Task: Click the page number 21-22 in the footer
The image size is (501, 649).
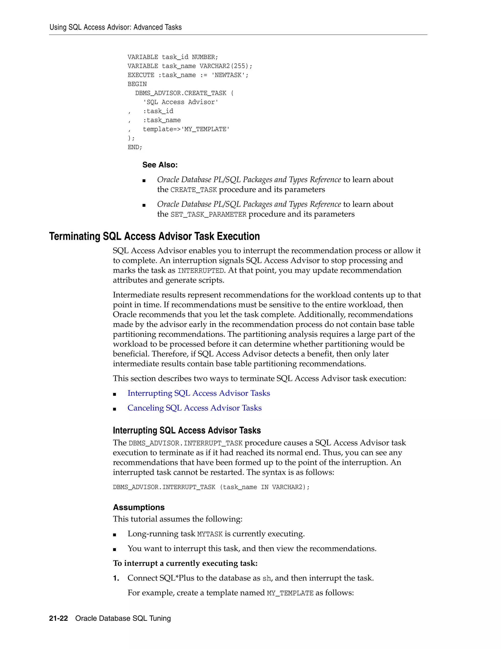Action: pyautogui.click(x=58, y=618)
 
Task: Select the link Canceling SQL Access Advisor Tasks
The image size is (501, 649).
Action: pyautogui.click(x=194, y=408)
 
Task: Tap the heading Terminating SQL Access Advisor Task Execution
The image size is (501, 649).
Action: pyautogui.click(x=154, y=236)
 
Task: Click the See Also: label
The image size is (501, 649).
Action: pyautogui.click(x=160, y=165)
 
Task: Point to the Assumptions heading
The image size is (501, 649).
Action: pyautogui.click(x=139, y=507)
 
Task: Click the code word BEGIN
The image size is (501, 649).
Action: pyautogui.click(x=137, y=84)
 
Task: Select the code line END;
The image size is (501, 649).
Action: pyautogui.click(x=135, y=147)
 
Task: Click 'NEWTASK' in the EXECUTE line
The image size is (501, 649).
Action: pyautogui.click(x=228, y=75)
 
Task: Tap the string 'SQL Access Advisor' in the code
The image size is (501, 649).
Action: pyautogui.click(x=181, y=102)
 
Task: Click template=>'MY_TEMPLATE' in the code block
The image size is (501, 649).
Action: pyautogui.click(x=186, y=129)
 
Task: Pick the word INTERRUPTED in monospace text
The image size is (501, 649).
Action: pyautogui.click(x=201, y=271)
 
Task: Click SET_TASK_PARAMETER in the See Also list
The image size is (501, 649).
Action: pyautogui.click(x=208, y=215)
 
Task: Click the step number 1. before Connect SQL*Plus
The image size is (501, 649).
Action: pyautogui.click(x=116, y=578)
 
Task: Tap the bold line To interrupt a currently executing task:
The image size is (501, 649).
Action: pyautogui.click(x=185, y=564)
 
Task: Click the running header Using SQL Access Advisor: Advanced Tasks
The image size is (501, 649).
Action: pyautogui.click(x=115, y=27)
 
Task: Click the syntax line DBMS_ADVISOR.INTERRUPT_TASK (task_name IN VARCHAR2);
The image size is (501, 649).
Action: pyautogui.click(x=211, y=487)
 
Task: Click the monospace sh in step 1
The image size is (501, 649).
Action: pyautogui.click(x=267, y=578)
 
